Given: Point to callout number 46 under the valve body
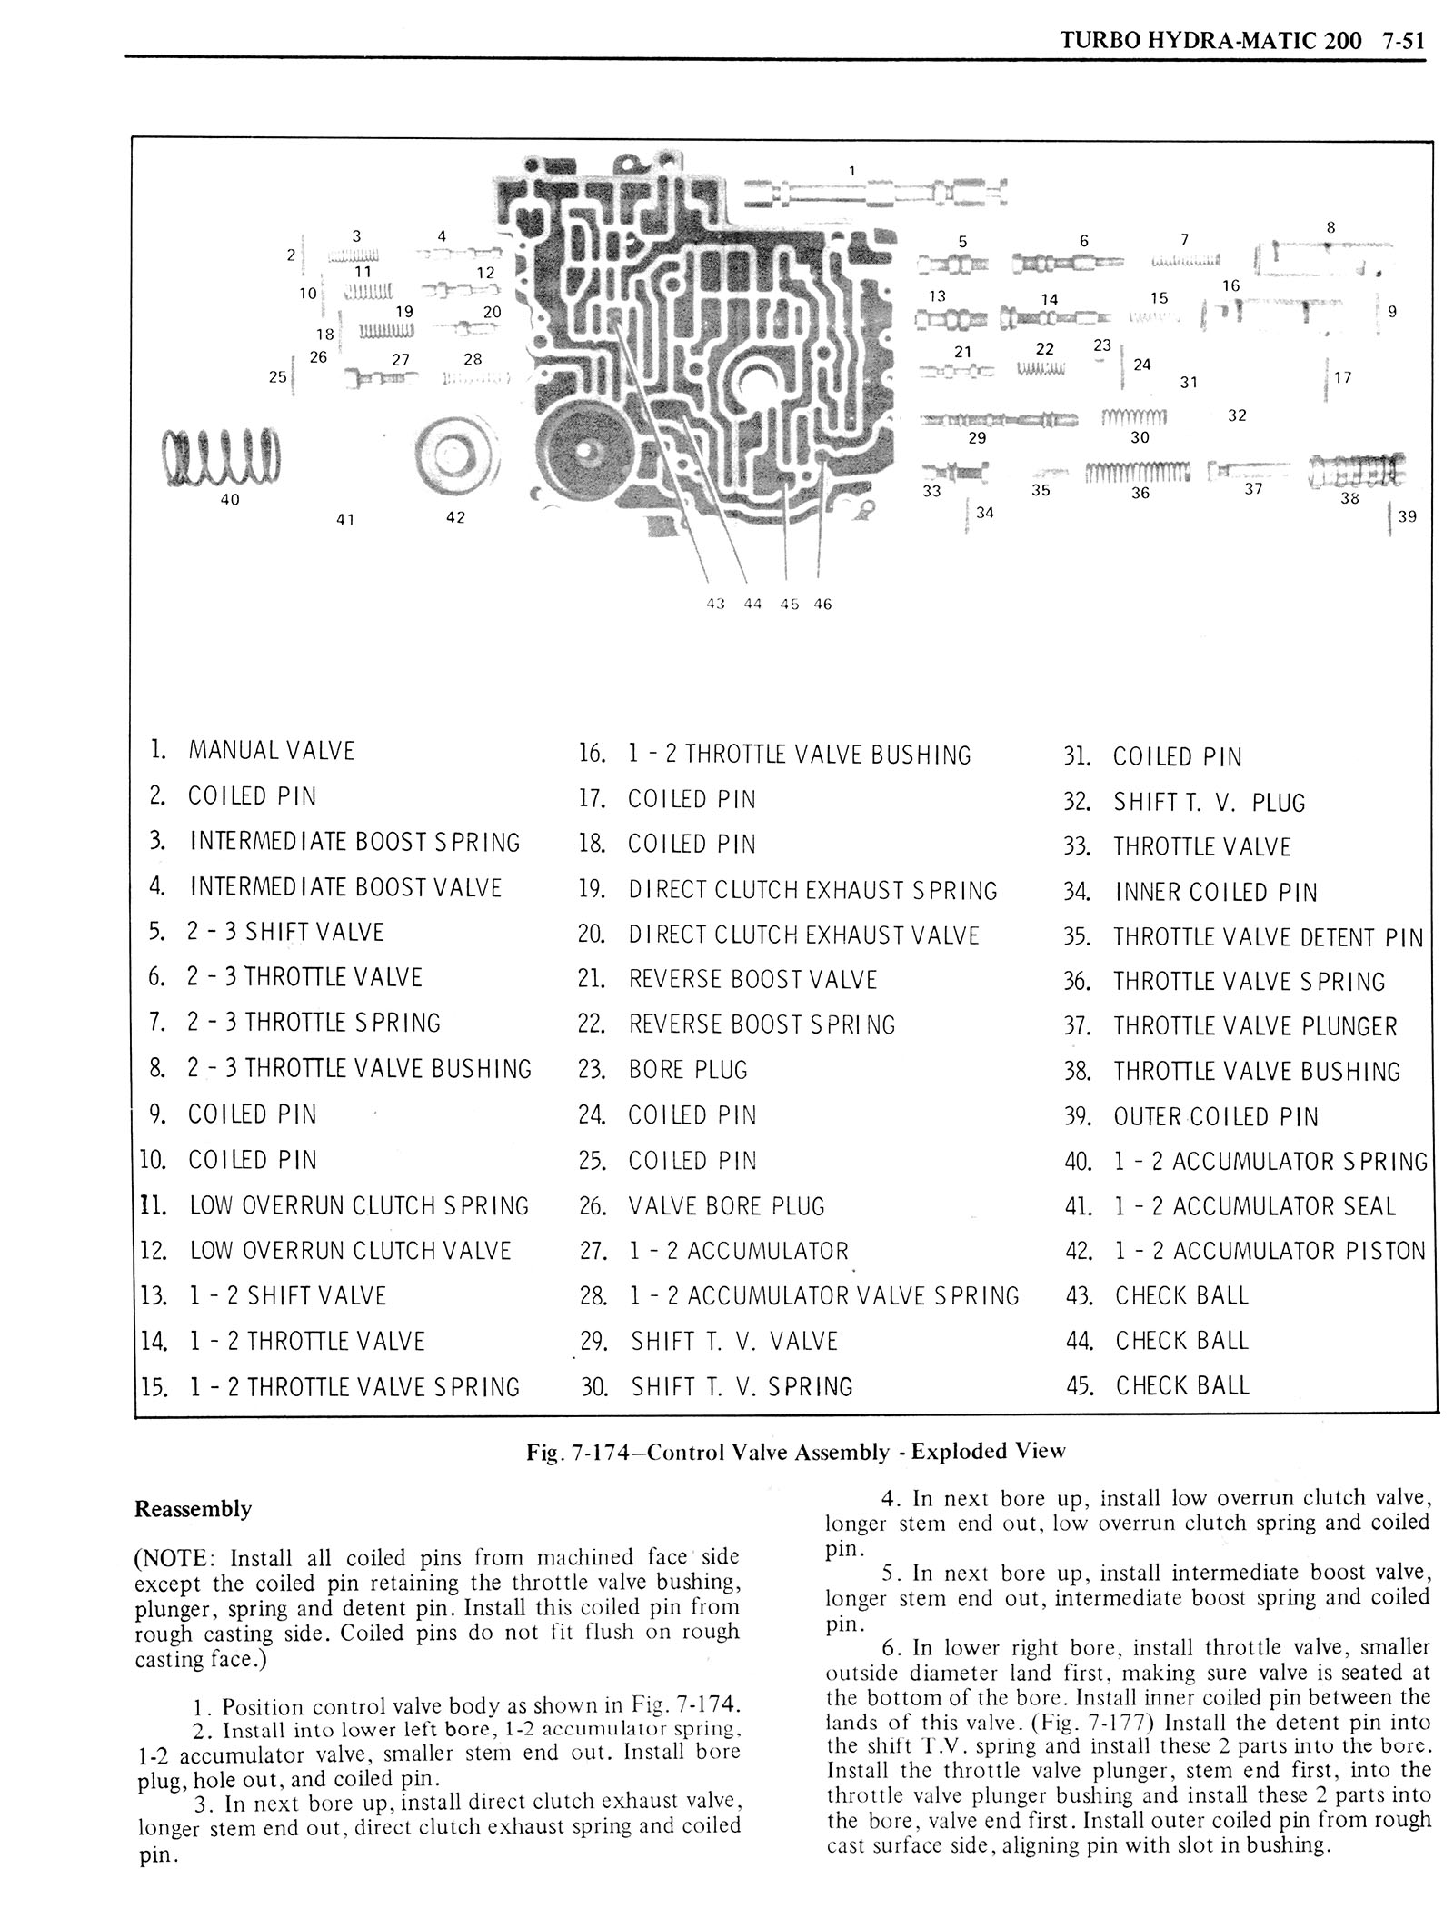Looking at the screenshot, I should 822,604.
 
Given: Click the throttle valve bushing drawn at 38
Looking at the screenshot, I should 1354,471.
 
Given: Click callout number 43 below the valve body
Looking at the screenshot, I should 715,604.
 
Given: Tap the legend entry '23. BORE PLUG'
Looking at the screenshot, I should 662,1070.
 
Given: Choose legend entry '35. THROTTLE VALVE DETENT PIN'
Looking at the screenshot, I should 1243,937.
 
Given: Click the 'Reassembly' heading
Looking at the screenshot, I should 193,1510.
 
